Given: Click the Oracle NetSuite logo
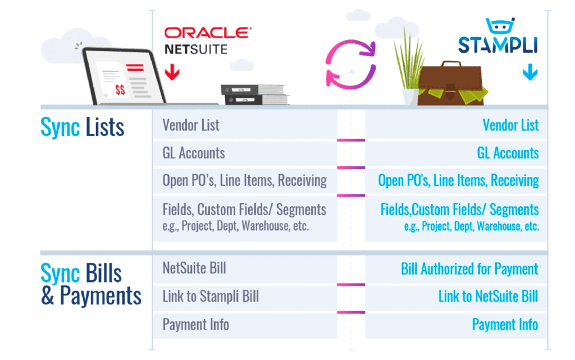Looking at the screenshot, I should coord(207,40).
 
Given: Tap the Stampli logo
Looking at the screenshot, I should coord(498,40).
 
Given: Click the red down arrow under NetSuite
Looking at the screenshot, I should coord(172,72).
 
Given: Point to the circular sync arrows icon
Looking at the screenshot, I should coord(352,63).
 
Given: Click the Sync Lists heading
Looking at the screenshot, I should coord(83,127).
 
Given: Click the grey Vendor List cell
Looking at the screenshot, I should coord(245,125).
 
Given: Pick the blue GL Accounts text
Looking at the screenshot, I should coord(508,153).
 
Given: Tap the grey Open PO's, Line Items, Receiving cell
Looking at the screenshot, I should coord(245,180).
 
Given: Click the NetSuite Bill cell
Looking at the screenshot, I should coord(245,268).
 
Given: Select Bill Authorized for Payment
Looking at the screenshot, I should coord(469,268).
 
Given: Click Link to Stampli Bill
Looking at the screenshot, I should coord(245,296).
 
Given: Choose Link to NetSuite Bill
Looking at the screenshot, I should coord(488,296).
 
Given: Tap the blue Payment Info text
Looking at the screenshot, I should coord(505,324).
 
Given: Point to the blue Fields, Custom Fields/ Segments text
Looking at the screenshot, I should coord(459,210).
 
